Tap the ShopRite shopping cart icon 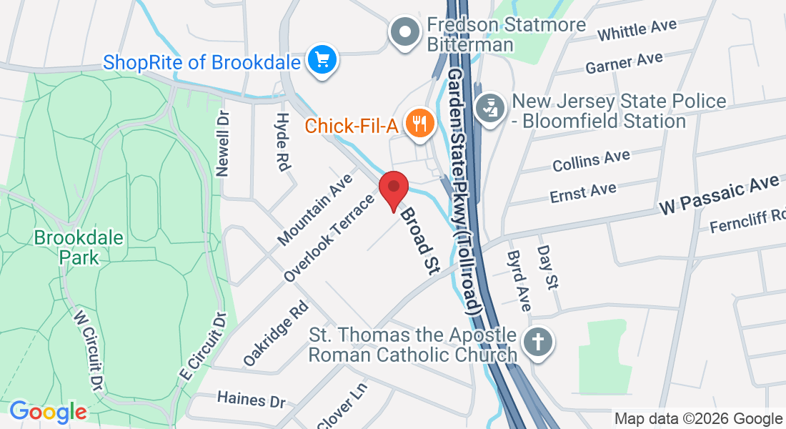point(322,60)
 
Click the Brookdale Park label point(69,247)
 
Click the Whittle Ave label point(637,31)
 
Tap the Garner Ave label point(624,63)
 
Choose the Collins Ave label point(591,160)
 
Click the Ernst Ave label point(583,191)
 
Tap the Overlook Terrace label point(329,237)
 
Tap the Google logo point(48,412)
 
